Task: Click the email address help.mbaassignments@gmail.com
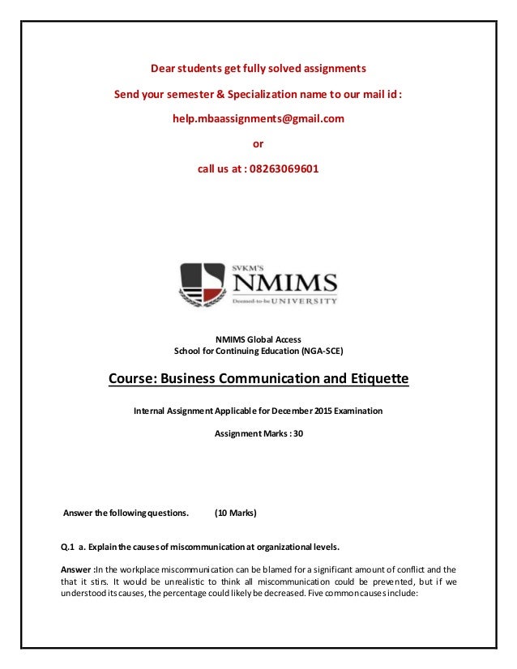[258, 118]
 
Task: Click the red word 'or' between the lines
[258, 144]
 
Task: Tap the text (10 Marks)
[236, 513]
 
